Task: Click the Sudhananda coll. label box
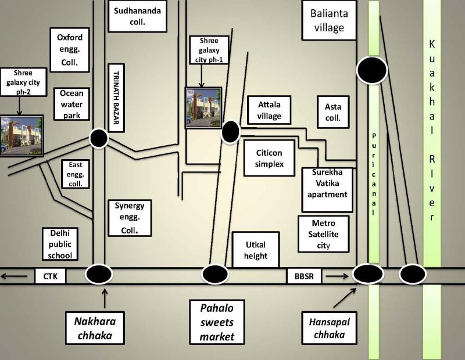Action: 137,16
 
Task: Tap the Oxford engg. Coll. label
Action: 70,50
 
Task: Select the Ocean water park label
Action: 71,104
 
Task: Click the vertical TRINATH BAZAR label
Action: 116,98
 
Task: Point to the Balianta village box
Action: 329,20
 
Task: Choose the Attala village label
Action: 269,110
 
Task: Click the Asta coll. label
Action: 333,112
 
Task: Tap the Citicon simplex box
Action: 269,158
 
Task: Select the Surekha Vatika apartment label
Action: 327,190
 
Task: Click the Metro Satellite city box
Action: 324,234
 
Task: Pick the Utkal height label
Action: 256,250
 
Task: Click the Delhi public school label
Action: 60,244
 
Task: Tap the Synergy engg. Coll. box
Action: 130,218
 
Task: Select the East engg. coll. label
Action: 76,174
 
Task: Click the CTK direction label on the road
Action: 51,276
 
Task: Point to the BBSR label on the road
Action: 304,276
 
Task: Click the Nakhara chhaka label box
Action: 95,328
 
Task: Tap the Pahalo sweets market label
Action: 217,322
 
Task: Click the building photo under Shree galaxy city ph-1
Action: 203,108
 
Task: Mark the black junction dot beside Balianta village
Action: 372,70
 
